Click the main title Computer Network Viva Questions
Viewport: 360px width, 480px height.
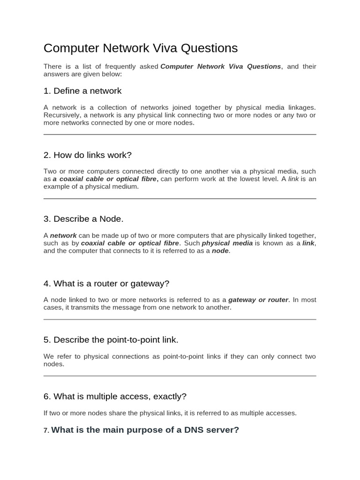pyautogui.click(x=141, y=48)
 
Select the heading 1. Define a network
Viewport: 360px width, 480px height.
pyautogui.click(x=82, y=91)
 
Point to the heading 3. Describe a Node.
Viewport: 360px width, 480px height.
pyautogui.click(x=83, y=219)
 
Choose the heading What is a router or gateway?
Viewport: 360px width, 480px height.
pyautogui.click(x=106, y=284)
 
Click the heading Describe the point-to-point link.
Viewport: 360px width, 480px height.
pyautogui.click(x=111, y=340)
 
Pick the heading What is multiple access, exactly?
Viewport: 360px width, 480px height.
pyautogui.click(x=115, y=397)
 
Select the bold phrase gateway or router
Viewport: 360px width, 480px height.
pyautogui.click(x=258, y=300)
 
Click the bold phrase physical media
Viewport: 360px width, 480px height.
pyautogui.click(x=227, y=243)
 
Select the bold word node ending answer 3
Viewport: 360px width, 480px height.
pyautogui.click(x=220, y=251)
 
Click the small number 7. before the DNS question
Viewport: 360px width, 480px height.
pyautogui.click(x=46, y=430)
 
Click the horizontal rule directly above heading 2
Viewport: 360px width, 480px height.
pyautogui.click(x=180, y=135)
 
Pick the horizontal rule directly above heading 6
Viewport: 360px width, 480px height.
pyautogui.click(x=180, y=376)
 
